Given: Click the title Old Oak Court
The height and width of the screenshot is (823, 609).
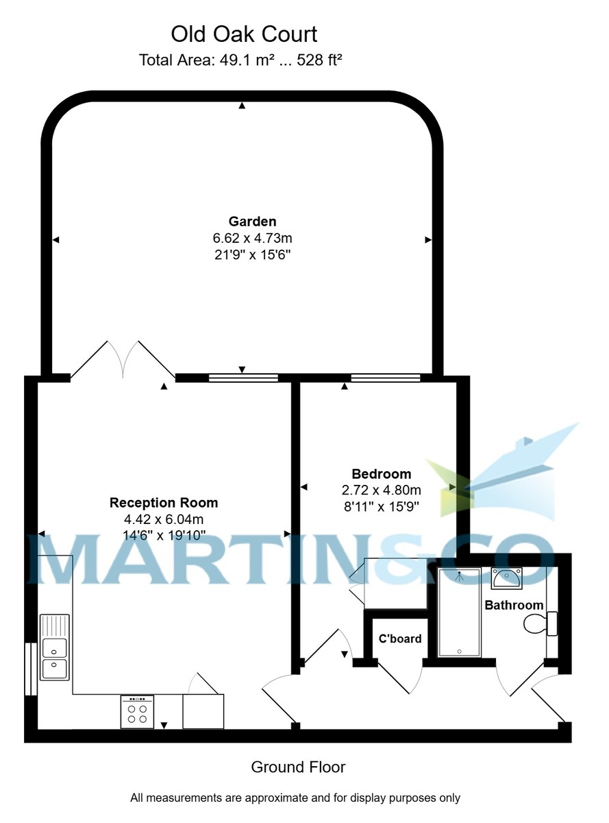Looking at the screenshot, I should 244,34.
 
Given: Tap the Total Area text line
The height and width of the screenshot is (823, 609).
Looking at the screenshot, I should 240,60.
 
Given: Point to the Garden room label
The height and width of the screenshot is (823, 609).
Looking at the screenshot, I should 252,222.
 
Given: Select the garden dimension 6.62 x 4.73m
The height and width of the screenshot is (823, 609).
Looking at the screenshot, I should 252,239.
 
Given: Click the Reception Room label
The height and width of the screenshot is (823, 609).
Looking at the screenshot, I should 164,503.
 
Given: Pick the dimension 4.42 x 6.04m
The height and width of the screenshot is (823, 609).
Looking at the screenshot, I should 164,519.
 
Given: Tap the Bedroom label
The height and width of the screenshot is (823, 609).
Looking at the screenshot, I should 381,474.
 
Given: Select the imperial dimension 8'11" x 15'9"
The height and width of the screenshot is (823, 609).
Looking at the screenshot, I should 381,507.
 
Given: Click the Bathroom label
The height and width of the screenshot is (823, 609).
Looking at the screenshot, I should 514,605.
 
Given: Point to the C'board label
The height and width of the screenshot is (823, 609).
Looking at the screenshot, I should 400,639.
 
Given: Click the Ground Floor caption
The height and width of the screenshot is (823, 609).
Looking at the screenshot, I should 298,767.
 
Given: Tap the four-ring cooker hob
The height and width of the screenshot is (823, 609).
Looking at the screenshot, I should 137,712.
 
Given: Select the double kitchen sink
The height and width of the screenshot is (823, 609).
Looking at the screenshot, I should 54,656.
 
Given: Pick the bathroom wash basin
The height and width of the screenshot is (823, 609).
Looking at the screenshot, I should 506,578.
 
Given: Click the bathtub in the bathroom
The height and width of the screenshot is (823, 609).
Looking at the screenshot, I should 459,612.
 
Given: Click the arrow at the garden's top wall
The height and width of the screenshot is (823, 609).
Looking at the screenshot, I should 242,105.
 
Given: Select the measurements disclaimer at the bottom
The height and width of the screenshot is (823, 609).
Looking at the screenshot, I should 295,798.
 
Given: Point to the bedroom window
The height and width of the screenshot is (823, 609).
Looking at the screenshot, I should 385,377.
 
